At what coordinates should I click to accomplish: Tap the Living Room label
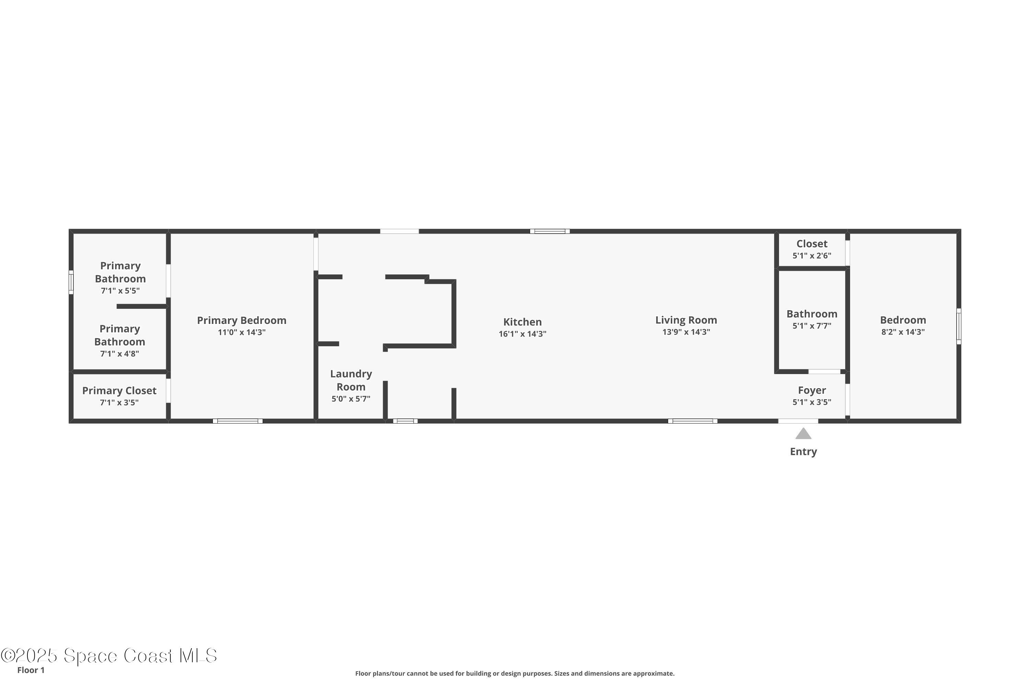[x=686, y=320]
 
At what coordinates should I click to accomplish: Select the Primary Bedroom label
[x=241, y=320]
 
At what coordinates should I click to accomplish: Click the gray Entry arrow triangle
[x=803, y=434]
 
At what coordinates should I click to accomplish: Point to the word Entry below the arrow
[x=803, y=452]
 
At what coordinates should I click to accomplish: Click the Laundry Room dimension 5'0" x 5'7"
[x=351, y=399]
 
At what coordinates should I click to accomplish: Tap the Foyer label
[x=812, y=390]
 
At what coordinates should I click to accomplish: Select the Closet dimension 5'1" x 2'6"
[x=812, y=256]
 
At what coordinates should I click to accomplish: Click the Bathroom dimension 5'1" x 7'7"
[x=812, y=326]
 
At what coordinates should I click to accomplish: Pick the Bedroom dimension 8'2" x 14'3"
[x=903, y=332]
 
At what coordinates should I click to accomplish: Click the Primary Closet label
[x=119, y=391]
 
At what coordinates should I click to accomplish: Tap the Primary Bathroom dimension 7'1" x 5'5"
[x=120, y=291]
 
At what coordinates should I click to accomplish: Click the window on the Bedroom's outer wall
[x=958, y=326]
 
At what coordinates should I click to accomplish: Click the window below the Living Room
[x=693, y=421]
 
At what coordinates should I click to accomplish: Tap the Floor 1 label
[x=31, y=670]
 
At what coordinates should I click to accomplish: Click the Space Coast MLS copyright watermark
[x=108, y=656]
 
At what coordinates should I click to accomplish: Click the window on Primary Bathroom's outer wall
[x=71, y=282]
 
